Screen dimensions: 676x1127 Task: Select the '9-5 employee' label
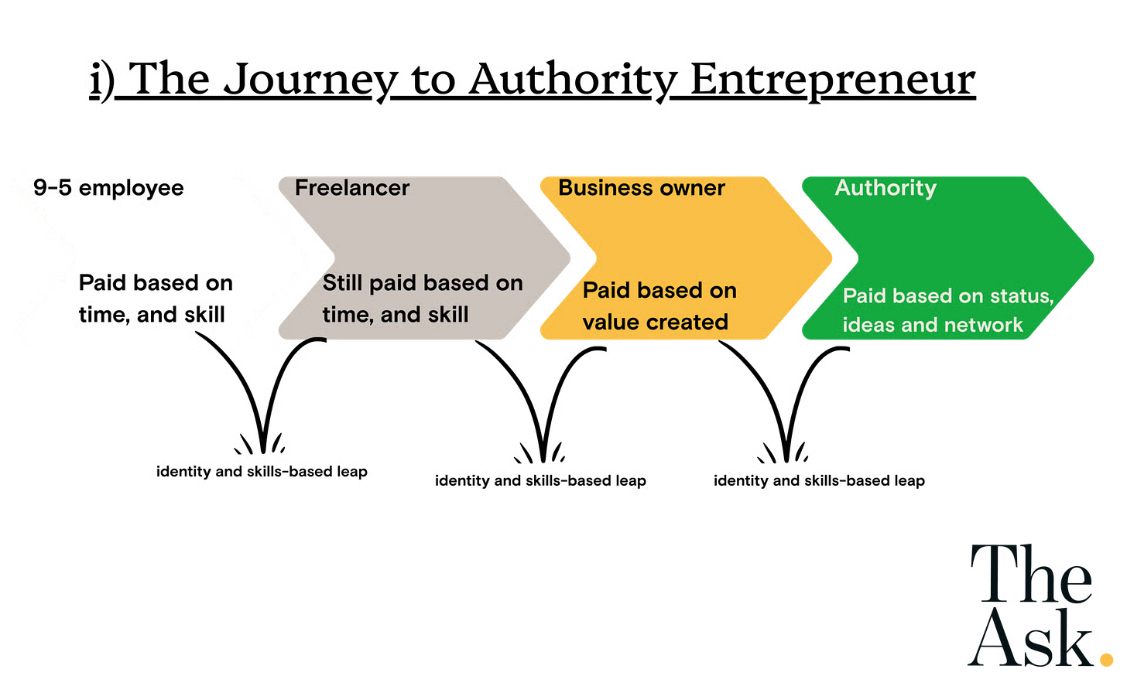(x=108, y=188)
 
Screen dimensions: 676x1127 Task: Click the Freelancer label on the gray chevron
(x=352, y=188)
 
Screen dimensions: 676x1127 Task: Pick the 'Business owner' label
(x=642, y=188)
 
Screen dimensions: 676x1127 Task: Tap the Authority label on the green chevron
(x=885, y=188)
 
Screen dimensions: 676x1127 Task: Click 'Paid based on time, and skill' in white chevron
(x=155, y=299)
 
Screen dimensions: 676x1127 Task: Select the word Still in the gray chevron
(x=343, y=283)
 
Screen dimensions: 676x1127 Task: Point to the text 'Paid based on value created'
(x=659, y=306)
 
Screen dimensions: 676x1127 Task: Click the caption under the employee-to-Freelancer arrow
(x=262, y=471)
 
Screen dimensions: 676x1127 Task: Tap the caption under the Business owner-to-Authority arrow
(x=820, y=480)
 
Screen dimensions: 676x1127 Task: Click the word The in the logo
(x=1033, y=575)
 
